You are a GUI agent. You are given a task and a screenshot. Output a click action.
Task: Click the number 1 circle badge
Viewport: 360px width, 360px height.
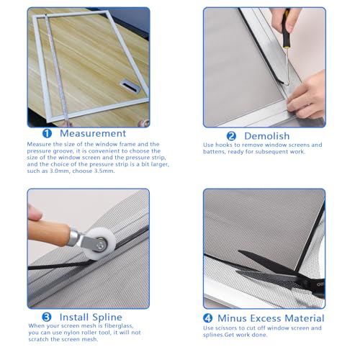click(x=47, y=134)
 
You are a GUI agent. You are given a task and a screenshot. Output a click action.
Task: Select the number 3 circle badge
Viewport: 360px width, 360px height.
click(x=46, y=317)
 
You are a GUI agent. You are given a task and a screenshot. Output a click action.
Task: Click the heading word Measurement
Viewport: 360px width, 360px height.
click(x=93, y=134)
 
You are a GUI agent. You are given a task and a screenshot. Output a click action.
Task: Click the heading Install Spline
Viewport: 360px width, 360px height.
click(x=90, y=317)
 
